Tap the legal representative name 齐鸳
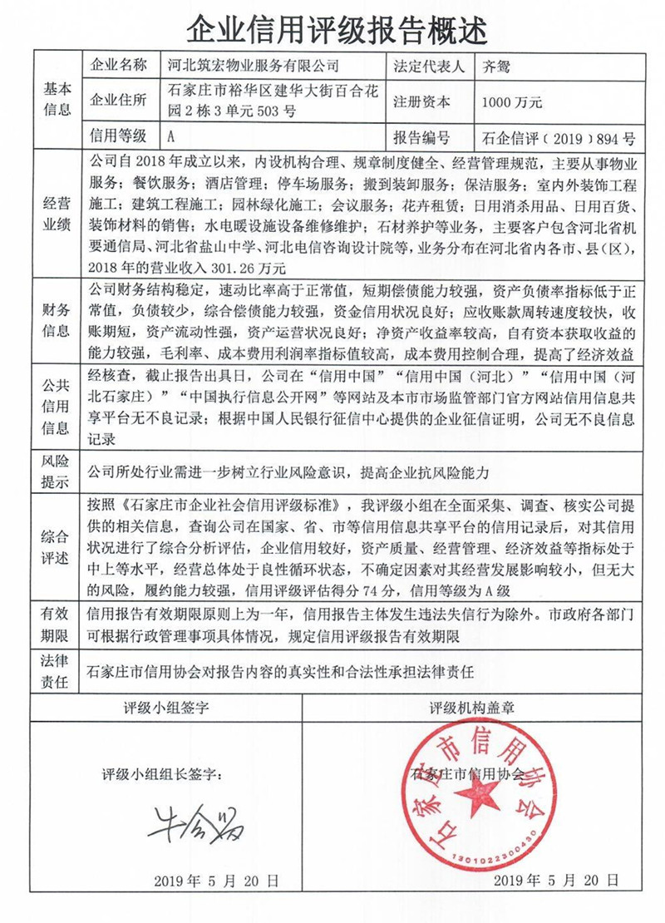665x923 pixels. (x=498, y=65)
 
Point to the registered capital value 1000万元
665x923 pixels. (x=511, y=102)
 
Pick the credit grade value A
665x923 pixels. (x=171, y=136)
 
